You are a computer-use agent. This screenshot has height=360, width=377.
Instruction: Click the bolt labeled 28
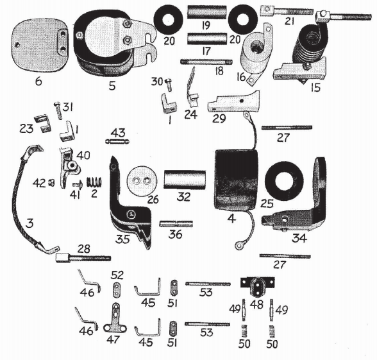(83, 258)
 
